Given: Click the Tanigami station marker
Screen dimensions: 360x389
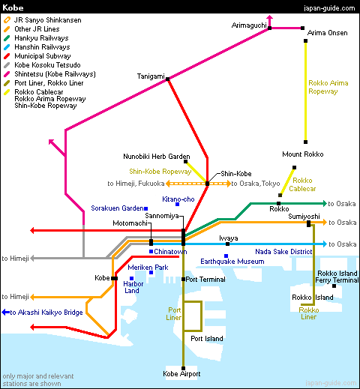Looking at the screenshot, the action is (x=167, y=79).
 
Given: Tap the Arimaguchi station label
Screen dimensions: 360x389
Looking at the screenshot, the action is (x=249, y=25).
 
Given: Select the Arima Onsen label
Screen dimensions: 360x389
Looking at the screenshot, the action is (x=327, y=33).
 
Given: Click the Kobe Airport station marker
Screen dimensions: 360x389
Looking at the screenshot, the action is (x=183, y=368).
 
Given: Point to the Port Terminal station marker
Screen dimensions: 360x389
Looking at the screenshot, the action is (x=183, y=279).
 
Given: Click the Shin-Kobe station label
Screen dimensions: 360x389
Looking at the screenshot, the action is (x=236, y=174).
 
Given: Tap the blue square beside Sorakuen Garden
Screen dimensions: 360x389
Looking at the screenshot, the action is (x=146, y=208).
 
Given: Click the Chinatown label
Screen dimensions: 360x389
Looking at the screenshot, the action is (x=170, y=252).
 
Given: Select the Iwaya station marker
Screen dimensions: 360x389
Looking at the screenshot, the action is (x=227, y=244).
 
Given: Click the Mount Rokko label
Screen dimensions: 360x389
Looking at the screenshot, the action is (x=303, y=154).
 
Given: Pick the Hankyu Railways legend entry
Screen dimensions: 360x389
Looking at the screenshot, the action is (x=36, y=38).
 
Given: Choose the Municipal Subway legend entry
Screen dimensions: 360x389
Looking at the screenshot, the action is (x=37, y=56).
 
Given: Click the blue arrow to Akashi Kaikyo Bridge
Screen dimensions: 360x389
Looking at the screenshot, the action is (x=5, y=312).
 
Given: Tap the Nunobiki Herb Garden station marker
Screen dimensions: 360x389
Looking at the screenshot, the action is (x=185, y=162).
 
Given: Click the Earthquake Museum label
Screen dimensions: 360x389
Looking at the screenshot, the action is (x=232, y=262).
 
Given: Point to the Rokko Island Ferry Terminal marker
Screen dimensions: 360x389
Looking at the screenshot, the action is (x=334, y=286).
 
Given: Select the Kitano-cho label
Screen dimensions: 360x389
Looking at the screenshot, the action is (x=178, y=199).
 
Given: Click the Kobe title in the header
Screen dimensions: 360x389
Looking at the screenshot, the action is (x=13, y=7).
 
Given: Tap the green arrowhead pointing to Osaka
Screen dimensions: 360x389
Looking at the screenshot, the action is (x=325, y=204).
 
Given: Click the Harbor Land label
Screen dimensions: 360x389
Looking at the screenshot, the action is (x=133, y=287).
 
